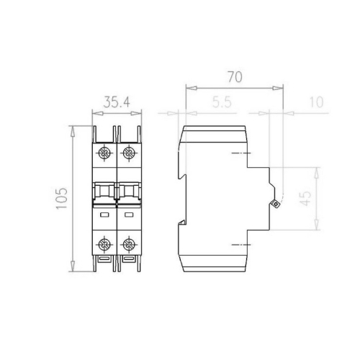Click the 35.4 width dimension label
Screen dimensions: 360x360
click(117, 102)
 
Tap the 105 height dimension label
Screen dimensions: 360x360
click(62, 199)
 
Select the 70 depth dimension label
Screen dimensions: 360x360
click(235, 77)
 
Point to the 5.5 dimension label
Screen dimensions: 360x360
click(222, 102)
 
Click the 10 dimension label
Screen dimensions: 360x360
click(317, 102)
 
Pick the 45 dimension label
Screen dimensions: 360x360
click(306, 199)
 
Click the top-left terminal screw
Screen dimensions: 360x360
click(104, 153)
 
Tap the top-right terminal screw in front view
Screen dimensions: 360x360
click(129, 153)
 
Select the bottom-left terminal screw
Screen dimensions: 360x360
click(104, 245)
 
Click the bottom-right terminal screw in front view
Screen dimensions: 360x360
click(129, 245)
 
